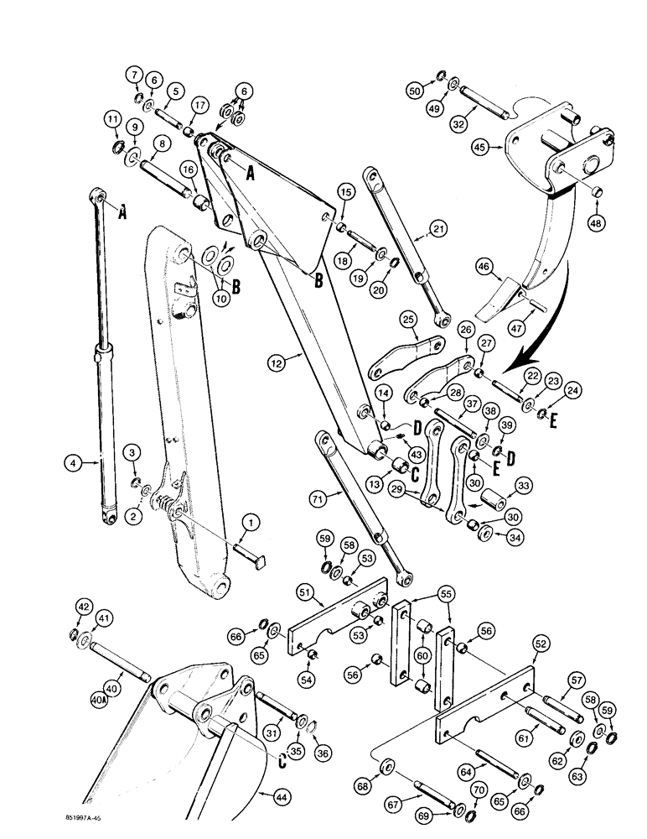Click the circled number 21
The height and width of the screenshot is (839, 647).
tap(437, 228)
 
